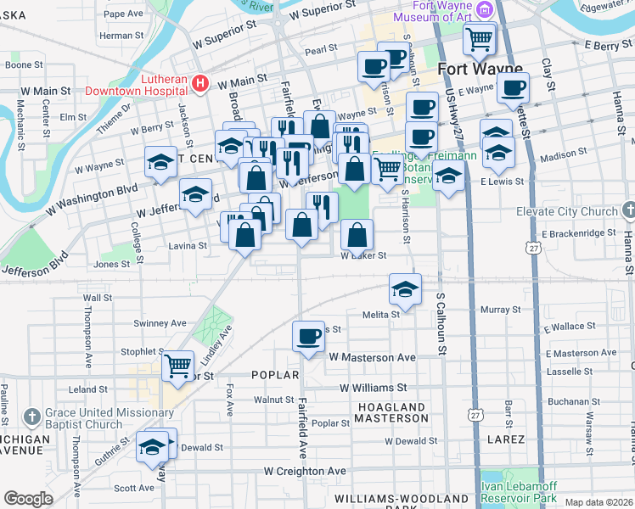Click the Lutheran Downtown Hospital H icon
200,83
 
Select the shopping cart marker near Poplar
178,366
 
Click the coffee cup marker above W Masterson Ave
308,337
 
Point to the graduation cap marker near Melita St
406,288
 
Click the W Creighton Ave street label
305,471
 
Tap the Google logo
28,499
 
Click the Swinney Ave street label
160,323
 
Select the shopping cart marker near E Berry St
479,38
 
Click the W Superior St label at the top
322,12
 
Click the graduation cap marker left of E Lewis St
448,177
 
